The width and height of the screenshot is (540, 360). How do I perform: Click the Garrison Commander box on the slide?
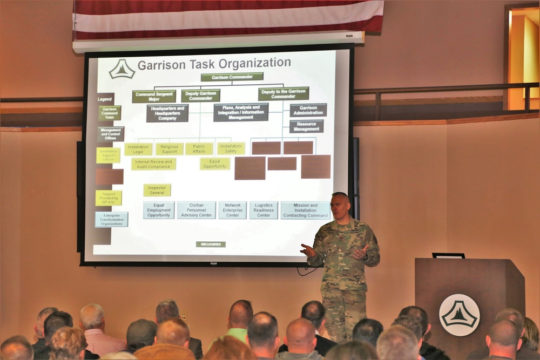[232, 77]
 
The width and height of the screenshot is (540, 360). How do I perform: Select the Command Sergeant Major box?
[154, 96]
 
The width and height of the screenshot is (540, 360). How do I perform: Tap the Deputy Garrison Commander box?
[200, 96]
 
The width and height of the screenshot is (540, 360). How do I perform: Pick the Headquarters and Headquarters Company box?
[167, 113]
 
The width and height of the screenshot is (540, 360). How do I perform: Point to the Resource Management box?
[306, 126]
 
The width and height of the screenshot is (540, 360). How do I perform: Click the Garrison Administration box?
[308, 110]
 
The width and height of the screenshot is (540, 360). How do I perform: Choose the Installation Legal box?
[138, 149]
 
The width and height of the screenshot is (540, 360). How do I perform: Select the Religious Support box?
[170, 149]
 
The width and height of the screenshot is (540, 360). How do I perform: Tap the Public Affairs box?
[199, 148]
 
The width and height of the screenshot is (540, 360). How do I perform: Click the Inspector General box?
[157, 190]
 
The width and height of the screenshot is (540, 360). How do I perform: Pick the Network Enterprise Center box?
[232, 210]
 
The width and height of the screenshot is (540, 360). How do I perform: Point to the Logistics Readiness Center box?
[264, 210]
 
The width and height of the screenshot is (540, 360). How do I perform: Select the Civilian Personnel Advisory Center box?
[197, 210]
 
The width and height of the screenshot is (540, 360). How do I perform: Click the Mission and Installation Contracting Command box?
[305, 210]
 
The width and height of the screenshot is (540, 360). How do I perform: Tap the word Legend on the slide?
[105, 99]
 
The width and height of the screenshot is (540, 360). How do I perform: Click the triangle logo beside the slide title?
[122, 69]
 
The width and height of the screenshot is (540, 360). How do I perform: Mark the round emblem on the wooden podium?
[459, 315]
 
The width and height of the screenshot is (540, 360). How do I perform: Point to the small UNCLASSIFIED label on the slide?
[211, 244]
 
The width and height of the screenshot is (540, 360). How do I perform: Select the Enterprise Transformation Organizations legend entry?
[112, 219]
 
